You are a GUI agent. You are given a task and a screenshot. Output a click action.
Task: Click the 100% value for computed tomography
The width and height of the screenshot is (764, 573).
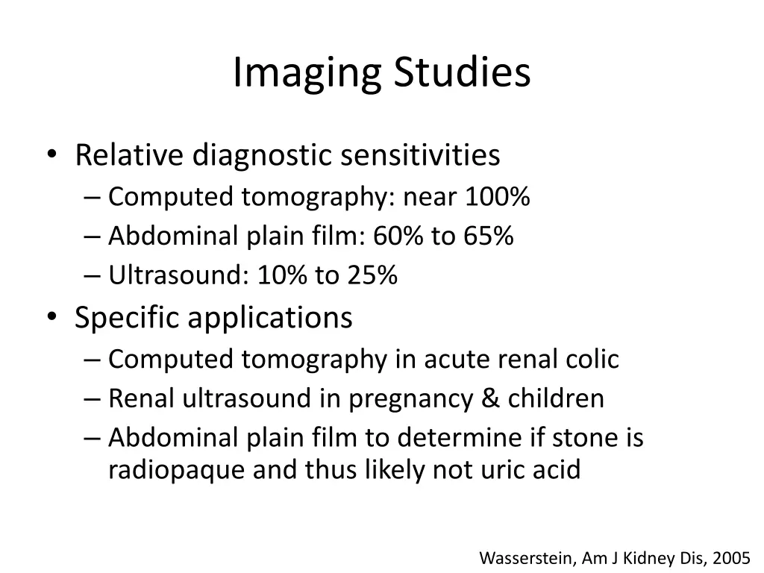497,197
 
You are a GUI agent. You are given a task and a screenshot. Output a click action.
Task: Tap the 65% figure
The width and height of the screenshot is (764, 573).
488,237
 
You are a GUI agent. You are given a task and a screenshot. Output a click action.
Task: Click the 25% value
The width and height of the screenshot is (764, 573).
371,276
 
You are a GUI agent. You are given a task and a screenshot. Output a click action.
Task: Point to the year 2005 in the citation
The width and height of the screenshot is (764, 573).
731,557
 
